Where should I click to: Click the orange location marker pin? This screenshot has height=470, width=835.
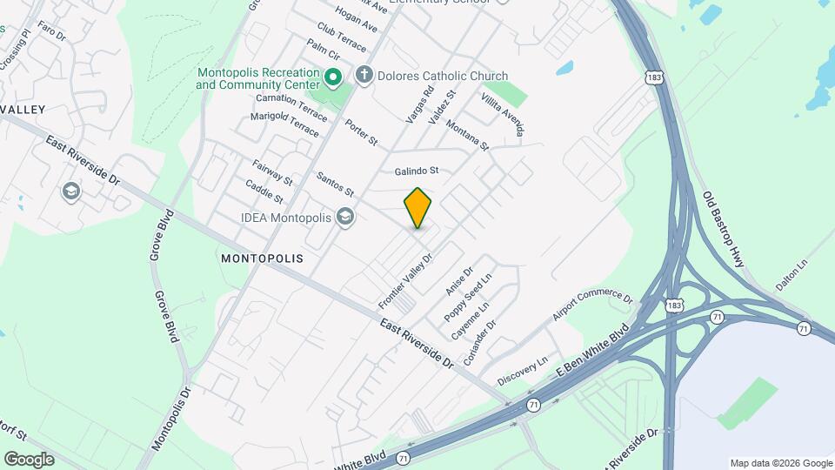[x=418, y=207]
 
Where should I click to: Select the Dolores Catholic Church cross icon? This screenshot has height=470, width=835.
[x=364, y=76]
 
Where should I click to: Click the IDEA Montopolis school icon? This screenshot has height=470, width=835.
[x=345, y=217]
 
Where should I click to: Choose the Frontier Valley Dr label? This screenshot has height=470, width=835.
[x=405, y=280]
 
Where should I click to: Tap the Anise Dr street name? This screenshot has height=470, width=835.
[x=458, y=280]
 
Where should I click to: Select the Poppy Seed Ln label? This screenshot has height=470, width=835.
[x=468, y=296]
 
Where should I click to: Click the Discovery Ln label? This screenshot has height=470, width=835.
[x=523, y=371]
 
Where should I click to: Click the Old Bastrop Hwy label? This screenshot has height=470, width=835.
[x=724, y=229]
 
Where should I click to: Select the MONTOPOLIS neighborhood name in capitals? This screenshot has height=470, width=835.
[x=262, y=258]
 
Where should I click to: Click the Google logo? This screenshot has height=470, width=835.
[x=29, y=460]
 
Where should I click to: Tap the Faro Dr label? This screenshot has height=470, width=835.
[x=51, y=33]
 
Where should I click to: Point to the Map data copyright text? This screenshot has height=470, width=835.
[x=781, y=463]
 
